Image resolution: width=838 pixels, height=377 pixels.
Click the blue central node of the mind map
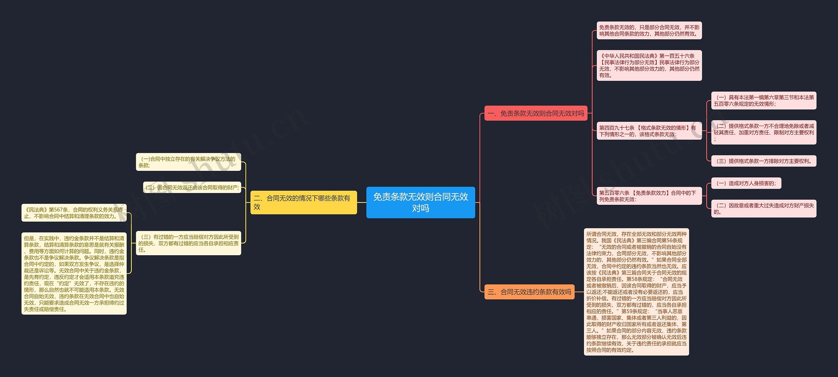coord(420,202)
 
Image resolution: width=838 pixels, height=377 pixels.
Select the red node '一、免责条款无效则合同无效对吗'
coord(536,113)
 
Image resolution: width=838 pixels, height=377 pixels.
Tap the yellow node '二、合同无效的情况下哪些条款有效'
coord(303,202)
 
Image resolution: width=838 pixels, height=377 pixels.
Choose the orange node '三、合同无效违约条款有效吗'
coord(529,292)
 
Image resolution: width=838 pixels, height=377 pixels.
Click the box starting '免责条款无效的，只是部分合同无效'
coord(649,30)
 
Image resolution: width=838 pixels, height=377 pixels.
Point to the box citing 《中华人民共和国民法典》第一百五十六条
coord(649,65)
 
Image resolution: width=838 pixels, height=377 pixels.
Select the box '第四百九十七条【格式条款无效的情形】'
coord(649,131)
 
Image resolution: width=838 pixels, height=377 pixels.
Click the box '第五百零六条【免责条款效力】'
coord(649,196)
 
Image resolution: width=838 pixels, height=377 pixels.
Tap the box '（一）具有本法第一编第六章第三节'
coord(763,100)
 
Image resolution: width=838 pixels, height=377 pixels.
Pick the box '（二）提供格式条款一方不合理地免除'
coord(763,132)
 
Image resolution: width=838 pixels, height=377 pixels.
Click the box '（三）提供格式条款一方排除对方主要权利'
coord(763,161)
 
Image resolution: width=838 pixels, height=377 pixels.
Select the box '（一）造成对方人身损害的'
coord(746,183)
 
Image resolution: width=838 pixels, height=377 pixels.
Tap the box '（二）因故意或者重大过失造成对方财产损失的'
coord(763,208)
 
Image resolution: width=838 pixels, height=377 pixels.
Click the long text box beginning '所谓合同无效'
coord(636,292)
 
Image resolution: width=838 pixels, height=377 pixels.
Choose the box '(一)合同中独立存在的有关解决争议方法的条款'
coord(188,162)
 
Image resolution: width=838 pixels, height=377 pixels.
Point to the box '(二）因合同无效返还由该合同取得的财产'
coord(192,188)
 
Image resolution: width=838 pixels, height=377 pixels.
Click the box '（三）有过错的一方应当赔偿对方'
coord(188,243)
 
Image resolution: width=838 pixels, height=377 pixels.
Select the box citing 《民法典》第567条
coord(74,213)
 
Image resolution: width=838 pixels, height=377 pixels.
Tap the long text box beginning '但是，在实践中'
coord(74,274)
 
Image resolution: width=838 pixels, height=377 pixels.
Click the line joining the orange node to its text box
coord(579,292)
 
